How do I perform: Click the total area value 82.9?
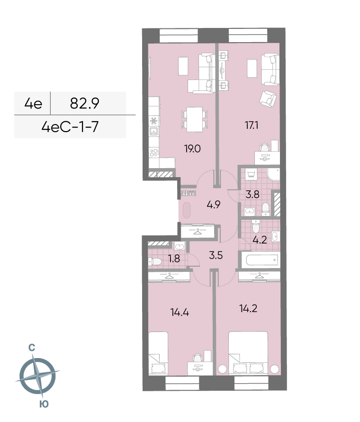point(84,103)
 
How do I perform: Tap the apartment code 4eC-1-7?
point(70,127)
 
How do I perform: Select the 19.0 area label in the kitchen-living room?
point(192,149)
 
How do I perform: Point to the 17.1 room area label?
point(252,125)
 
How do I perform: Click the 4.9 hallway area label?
point(214,205)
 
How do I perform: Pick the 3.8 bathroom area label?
point(252,194)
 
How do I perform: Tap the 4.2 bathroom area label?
point(260,240)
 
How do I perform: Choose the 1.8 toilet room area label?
point(174,259)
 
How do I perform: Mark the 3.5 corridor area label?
point(216,255)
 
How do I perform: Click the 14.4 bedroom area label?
point(180,313)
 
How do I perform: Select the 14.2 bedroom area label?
point(248,308)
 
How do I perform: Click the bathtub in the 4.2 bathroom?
point(261,260)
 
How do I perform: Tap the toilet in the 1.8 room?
point(154,261)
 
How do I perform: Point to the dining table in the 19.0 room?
point(195,119)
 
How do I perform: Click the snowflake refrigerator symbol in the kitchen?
point(154,121)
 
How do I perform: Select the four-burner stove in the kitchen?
point(154,153)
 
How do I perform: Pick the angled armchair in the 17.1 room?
point(268,98)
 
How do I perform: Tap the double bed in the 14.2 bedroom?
point(248,353)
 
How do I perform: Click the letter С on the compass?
point(32,348)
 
